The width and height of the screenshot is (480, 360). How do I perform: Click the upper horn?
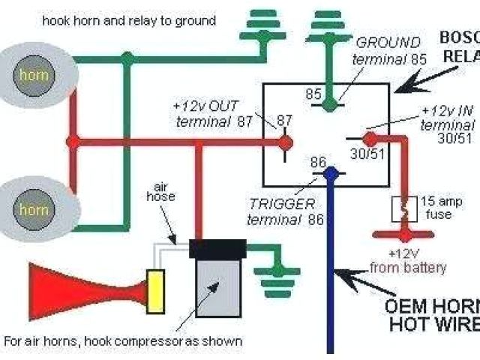34,75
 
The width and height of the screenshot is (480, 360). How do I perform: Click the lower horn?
34,205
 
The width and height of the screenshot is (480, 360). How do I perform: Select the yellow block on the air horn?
157,289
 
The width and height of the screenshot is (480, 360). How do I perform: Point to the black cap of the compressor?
218,248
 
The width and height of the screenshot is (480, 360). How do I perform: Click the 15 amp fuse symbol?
405,208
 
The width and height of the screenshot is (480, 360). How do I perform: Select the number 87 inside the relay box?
285,121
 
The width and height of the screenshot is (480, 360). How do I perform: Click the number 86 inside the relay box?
318,161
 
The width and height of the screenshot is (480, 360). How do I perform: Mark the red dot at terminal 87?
285,141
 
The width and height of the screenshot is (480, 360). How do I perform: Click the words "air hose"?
164,190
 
